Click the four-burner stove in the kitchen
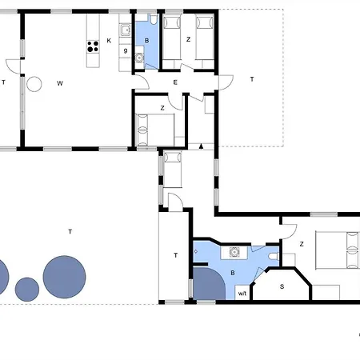pyautogui.click(x=93, y=46)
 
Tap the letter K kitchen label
pyautogui.click(x=109, y=41)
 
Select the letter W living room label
pyautogui.click(x=60, y=83)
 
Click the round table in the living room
pyautogui.click(x=34, y=84)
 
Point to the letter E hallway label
pyautogui.click(x=175, y=82)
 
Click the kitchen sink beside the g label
pyautogui.click(x=125, y=30)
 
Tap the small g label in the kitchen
pyautogui.click(x=126, y=50)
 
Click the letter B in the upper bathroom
pyautogui.click(x=146, y=41)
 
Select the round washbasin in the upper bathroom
pyautogui.click(x=139, y=58)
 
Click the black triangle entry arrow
pyautogui.click(x=202, y=146)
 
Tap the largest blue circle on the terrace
pyautogui.click(x=64, y=277)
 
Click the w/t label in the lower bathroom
pyautogui.click(x=242, y=294)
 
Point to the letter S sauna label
pyautogui.click(x=282, y=286)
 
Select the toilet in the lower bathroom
pyautogui.click(x=274, y=256)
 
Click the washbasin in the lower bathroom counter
pyautogui.click(x=234, y=252)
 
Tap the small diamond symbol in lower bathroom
pyautogui.click(x=196, y=251)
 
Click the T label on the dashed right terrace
pyautogui.click(x=252, y=79)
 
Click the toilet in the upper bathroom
pyautogui.click(x=154, y=19)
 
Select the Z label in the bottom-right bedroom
pyautogui.click(x=302, y=244)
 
